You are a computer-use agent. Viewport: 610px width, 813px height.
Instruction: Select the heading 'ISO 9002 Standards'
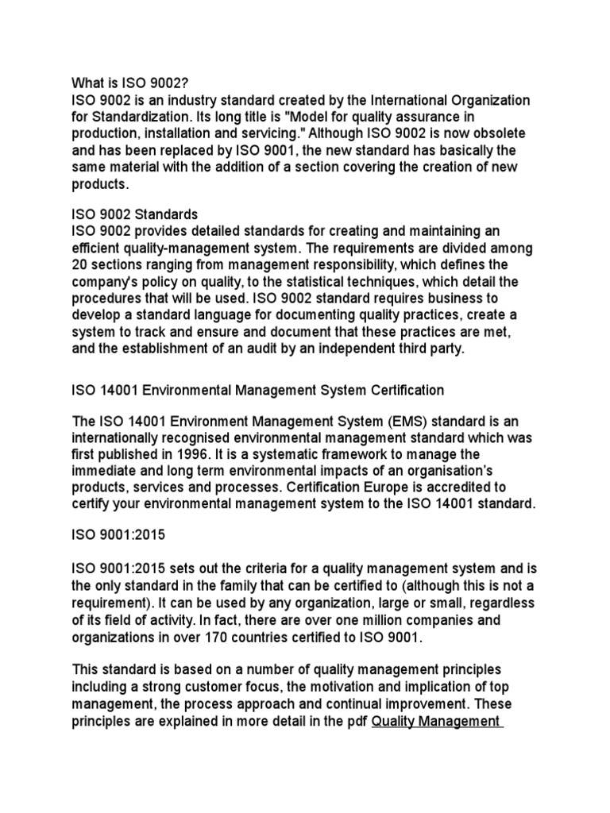(x=135, y=214)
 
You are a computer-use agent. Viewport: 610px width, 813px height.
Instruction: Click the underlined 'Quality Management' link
(x=434, y=721)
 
